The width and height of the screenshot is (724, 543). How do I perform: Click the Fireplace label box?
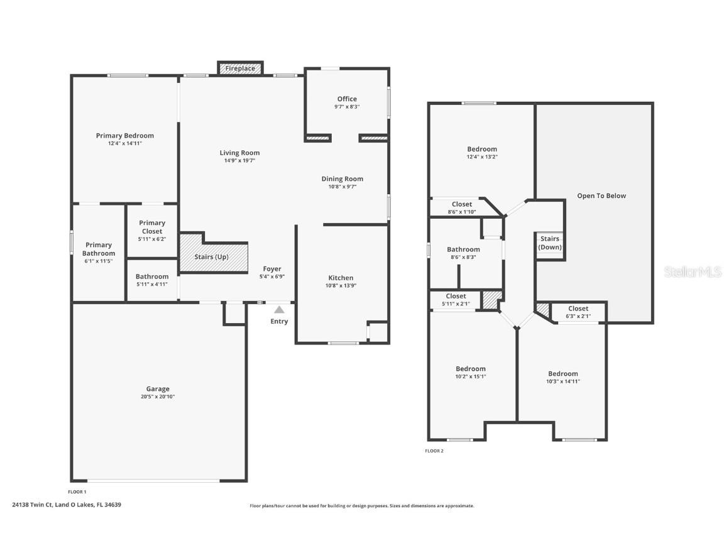[x=240, y=68]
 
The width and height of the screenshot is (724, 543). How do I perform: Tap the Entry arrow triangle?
[x=279, y=309]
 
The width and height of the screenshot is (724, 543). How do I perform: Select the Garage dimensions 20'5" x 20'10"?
[x=158, y=397]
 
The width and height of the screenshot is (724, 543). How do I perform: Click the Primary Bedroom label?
[x=124, y=136]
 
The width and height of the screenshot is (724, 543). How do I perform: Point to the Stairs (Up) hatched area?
[x=212, y=256]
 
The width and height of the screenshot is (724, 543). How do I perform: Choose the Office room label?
[x=347, y=99]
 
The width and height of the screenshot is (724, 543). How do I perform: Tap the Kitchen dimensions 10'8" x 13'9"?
[x=341, y=285]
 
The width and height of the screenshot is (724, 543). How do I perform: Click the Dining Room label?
[x=342, y=179]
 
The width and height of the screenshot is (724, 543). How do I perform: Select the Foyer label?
[x=272, y=269]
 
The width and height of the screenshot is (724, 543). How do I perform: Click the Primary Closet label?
[x=152, y=227]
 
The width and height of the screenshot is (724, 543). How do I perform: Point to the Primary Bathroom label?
[x=99, y=249]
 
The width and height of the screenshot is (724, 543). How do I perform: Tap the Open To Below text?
[x=601, y=196]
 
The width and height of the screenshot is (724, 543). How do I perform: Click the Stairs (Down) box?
[x=550, y=243]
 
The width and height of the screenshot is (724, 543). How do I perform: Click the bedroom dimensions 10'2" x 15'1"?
[x=470, y=376]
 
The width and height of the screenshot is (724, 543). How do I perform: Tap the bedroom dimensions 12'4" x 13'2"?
[x=482, y=156]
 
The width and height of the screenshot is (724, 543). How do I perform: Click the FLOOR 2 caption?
[x=434, y=451]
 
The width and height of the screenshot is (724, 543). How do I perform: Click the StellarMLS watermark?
[x=693, y=271]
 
